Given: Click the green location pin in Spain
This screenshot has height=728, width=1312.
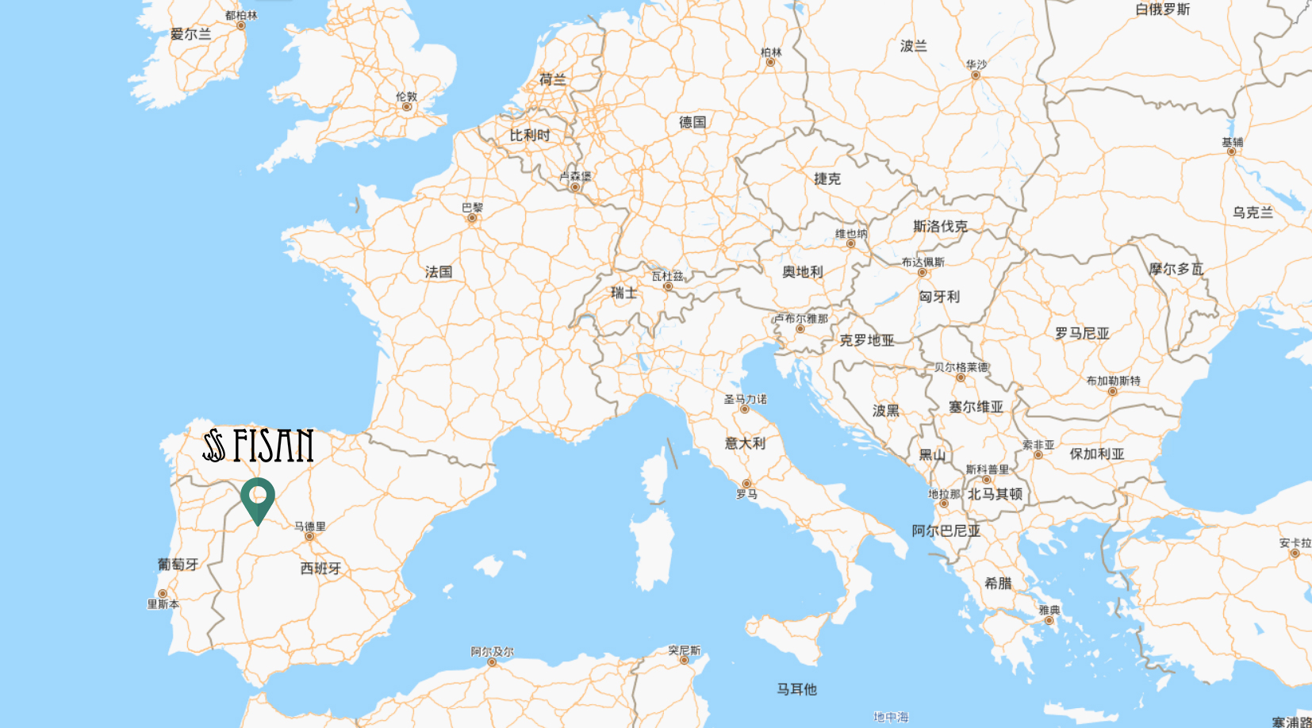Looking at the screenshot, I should click(x=258, y=497).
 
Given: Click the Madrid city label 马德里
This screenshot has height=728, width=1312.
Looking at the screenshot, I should click(x=310, y=526).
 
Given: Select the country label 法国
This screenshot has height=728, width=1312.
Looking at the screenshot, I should click(x=439, y=272).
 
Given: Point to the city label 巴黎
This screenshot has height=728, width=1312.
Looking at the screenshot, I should click(x=473, y=208).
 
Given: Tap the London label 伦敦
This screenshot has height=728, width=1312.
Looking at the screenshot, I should click(x=407, y=97).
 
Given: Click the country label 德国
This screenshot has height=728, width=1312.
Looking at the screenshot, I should click(x=692, y=122).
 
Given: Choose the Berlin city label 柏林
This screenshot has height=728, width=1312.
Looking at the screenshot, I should click(x=771, y=52).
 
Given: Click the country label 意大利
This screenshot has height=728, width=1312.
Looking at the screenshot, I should click(x=745, y=443).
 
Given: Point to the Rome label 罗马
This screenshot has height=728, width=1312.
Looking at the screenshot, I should click(x=746, y=494).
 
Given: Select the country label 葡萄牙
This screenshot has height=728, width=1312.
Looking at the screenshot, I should click(x=178, y=564).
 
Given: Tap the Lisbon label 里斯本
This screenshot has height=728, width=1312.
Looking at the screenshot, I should click(x=163, y=604).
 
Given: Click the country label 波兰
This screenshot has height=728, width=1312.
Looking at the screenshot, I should click(x=913, y=46).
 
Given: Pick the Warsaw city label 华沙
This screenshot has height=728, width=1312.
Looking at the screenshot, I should click(x=976, y=64).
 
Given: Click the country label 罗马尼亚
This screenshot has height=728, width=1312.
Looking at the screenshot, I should click(x=1082, y=334).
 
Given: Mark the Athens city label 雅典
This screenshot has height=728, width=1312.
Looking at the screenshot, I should click(x=1049, y=610).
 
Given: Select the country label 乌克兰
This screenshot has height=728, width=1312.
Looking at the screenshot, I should click(x=1253, y=213).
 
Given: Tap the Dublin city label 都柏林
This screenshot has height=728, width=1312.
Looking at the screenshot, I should click(x=241, y=15).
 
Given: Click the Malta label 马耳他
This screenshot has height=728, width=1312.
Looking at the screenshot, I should click(x=796, y=689).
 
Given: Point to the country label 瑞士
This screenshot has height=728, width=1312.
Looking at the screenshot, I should click(x=623, y=293).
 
